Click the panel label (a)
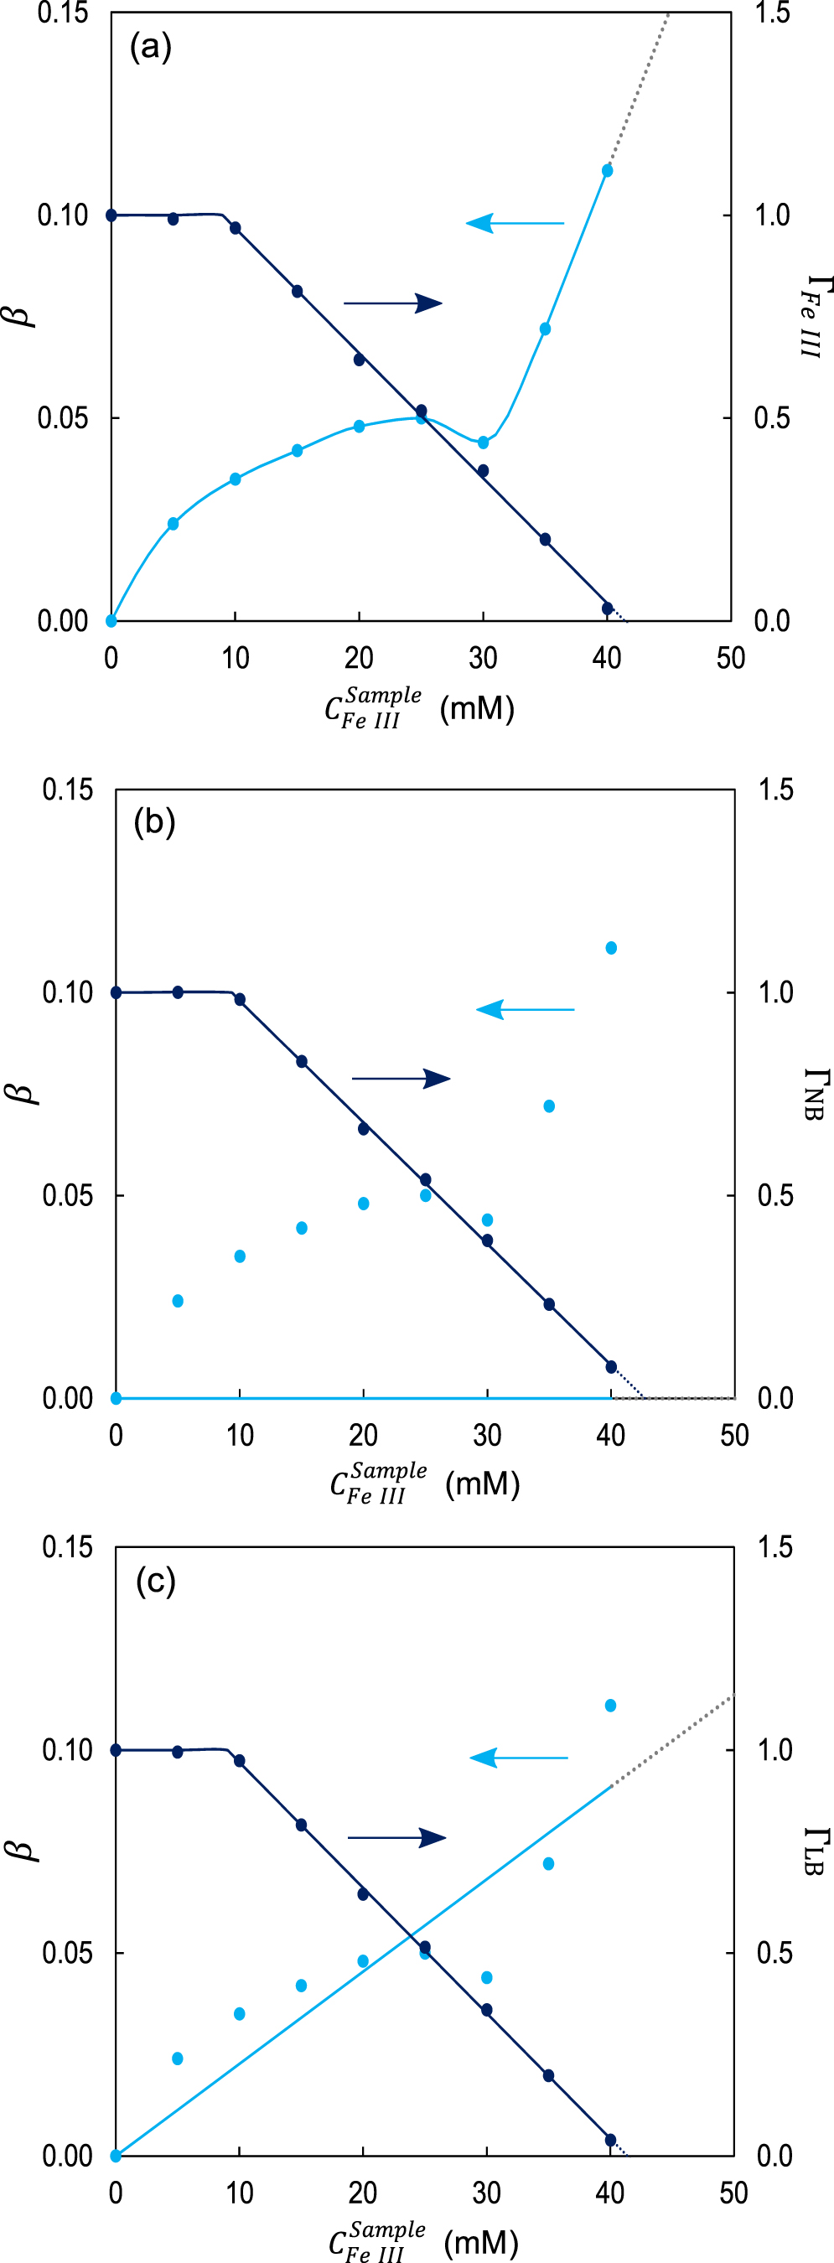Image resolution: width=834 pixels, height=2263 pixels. pos(150,47)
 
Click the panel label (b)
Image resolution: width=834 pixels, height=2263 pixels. pos(155,821)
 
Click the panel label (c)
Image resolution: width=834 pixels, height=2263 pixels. pos(156,1581)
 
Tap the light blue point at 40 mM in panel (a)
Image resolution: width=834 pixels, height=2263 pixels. pos(607,170)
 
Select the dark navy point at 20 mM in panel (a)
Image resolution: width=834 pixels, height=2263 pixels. pos(360,360)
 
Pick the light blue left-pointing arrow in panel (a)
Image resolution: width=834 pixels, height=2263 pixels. pos(514,223)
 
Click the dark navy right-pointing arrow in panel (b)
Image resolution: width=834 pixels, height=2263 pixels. pos(401,1079)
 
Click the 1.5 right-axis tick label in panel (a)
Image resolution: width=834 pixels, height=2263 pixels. pos(772,13)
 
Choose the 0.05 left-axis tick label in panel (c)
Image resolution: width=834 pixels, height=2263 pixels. pos(67,1953)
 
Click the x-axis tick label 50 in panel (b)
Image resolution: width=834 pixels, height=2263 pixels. pos(733,1437)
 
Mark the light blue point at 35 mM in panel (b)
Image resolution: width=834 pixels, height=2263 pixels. pos(549,1106)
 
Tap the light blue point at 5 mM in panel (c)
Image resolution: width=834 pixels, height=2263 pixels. pos(178,2058)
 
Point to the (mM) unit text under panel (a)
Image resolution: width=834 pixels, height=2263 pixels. pos(476,708)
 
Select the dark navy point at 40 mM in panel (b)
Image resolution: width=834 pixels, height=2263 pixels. pos(611,1367)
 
